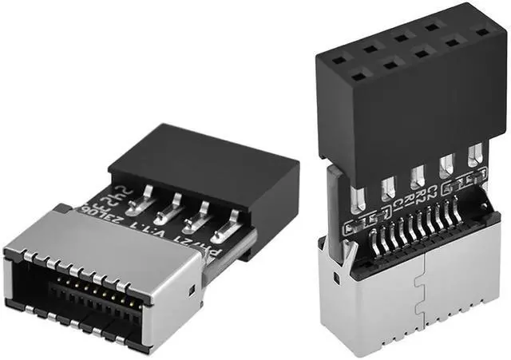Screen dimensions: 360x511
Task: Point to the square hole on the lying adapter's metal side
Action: coord(192,285)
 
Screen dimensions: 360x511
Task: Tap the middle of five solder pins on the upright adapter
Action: coord(416,176)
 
